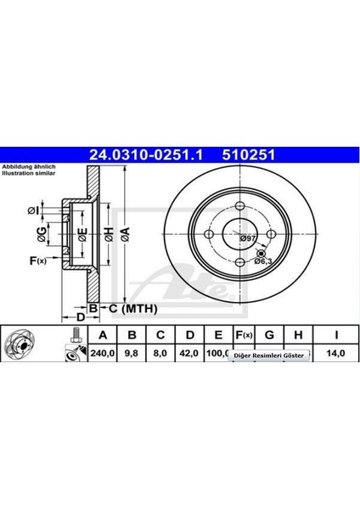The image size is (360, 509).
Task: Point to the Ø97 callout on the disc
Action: pyautogui.click(x=246, y=239)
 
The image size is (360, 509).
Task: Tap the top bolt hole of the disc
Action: pyautogui.click(x=241, y=207)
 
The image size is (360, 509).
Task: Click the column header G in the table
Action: pyautogui.click(x=268, y=334)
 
